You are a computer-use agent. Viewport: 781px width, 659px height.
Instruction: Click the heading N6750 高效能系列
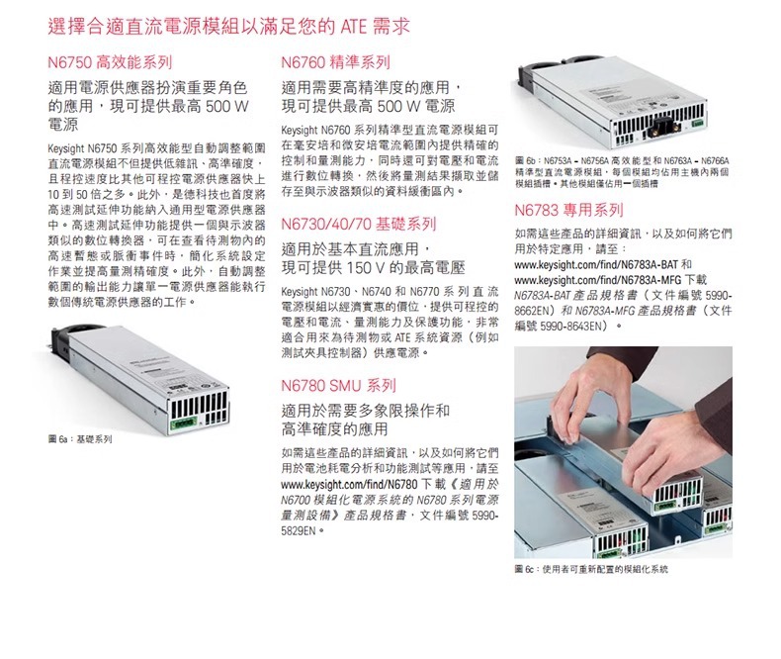point(110,62)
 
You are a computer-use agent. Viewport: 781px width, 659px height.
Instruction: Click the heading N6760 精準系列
point(336,62)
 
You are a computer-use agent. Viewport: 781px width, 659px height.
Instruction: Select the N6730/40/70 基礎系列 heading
point(359,224)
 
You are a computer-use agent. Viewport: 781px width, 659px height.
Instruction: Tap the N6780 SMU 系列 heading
point(339,385)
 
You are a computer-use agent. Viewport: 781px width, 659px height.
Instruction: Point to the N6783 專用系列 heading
point(568,210)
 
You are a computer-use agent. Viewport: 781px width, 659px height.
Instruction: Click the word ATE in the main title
point(354,27)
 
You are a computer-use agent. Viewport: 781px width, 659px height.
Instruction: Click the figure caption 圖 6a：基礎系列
point(80,439)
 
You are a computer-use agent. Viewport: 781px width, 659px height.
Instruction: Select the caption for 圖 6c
point(591,569)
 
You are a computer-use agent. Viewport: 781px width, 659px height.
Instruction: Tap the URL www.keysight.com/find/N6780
point(349,484)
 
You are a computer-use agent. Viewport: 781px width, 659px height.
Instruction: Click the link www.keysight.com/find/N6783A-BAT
point(596,264)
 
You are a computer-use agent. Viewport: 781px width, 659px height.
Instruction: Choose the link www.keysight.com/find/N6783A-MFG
point(597,280)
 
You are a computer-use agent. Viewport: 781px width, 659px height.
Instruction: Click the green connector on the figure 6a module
point(183,424)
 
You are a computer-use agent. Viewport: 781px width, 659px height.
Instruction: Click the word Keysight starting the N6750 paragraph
point(66,149)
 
